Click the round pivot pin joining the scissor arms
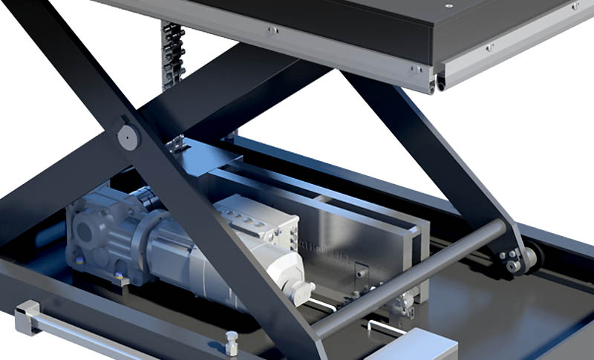coord(128,137)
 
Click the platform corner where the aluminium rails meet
coord(438,77)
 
